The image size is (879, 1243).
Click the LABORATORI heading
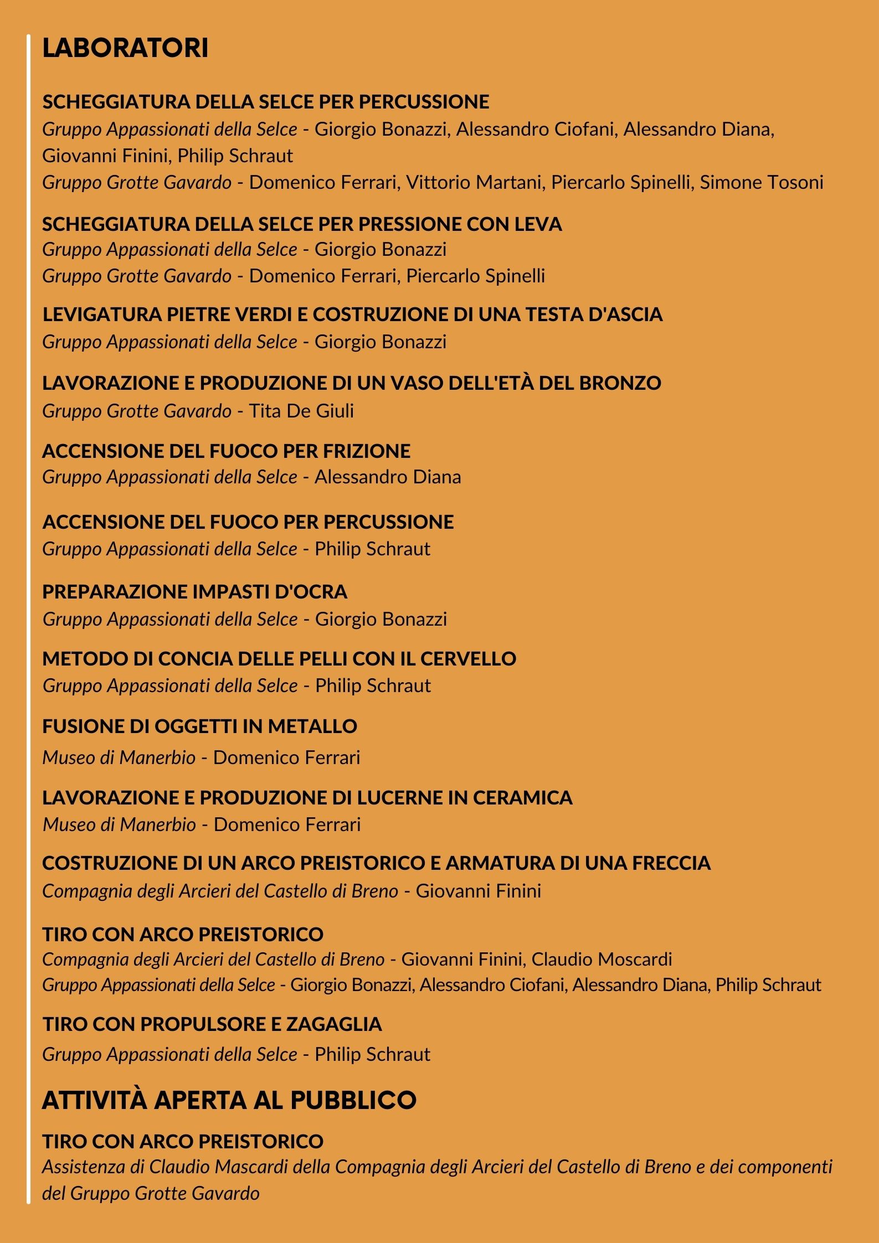125,48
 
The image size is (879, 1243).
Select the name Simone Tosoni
762,182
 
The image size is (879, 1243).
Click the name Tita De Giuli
301,411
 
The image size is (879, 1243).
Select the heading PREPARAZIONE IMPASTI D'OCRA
194,592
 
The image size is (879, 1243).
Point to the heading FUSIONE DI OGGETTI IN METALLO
199,726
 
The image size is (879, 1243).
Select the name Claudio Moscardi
602,959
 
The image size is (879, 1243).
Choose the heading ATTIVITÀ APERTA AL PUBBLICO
229,1100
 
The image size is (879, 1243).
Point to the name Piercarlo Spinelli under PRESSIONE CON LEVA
476,276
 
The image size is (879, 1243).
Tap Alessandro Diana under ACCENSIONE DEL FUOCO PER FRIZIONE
388,477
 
